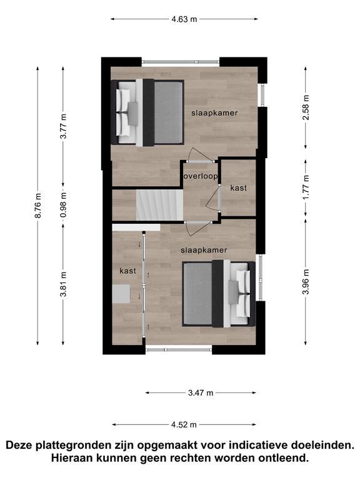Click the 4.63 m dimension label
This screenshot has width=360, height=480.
pos(184,19)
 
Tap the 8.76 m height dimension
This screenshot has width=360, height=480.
pos(38,206)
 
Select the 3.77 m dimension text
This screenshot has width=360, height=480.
pos(63,126)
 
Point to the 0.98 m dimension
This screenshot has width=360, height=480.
pos(63,205)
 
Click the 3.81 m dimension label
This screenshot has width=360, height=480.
pos(63,284)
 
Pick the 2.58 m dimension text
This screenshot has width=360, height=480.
pos(306,107)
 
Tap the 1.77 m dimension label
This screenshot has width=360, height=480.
pos(306,187)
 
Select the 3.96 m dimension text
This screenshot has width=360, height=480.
pos(306,282)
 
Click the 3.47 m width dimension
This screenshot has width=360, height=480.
pos(201,392)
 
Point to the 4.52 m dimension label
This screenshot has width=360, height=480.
pos(184,424)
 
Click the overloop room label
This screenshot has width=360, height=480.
pos(201,176)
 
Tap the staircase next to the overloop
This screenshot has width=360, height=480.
pos(159,205)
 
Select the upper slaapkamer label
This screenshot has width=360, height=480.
pos(214,113)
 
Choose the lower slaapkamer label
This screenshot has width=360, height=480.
pos(204,251)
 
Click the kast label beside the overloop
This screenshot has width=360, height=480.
pos(239,188)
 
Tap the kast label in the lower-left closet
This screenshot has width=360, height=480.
pos(128,271)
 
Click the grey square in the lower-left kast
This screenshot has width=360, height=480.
pos(121,294)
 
